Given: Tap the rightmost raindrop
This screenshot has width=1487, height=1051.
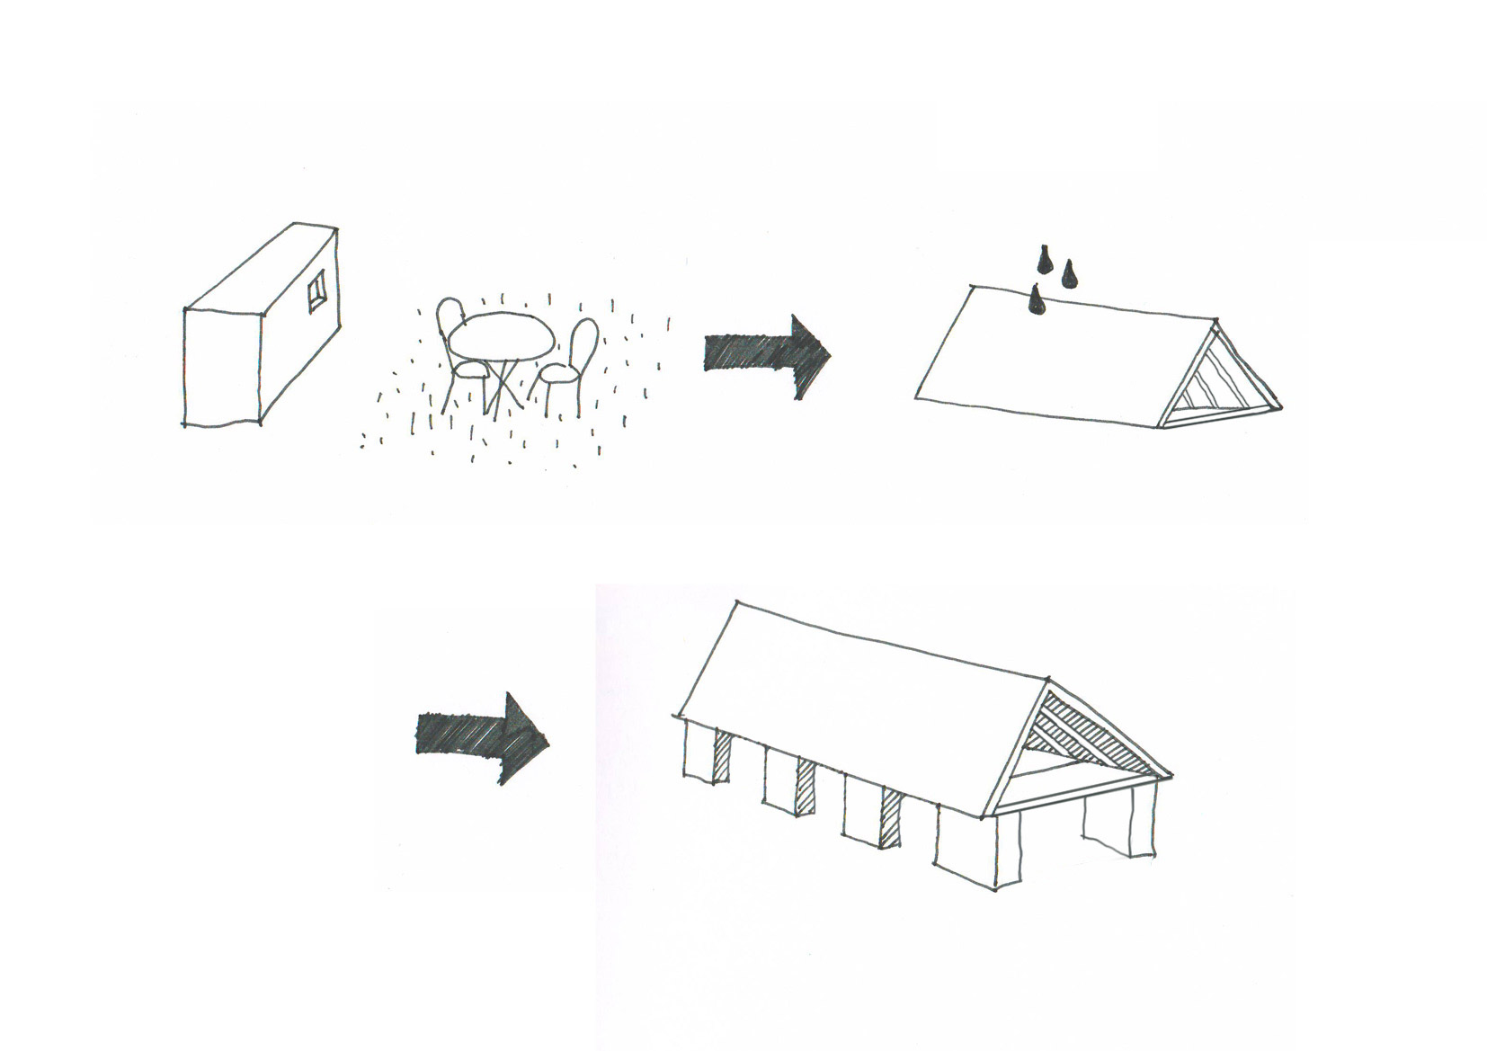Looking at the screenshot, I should pos(1070,274).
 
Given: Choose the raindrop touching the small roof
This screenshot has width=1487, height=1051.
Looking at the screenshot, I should pos(1037,301).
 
